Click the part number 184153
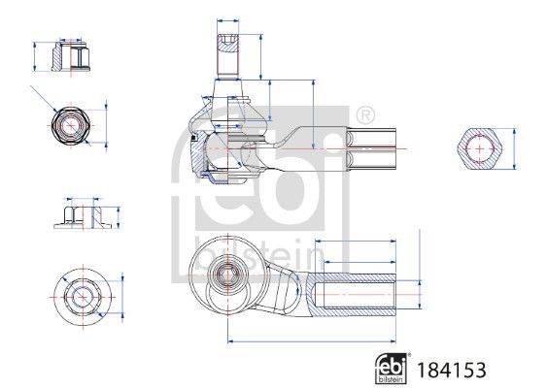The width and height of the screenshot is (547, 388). [x=452, y=370]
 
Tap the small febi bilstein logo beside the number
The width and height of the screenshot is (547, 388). [x=392, y=369]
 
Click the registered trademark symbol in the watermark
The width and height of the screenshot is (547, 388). [x=365, y=114]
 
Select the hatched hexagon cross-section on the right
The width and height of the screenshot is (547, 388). [x=480, y=148]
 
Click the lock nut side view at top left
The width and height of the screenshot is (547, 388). [x=71, y=56]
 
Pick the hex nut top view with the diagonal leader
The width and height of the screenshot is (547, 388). [x=71, y=125]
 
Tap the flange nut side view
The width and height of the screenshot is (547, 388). [x=83, y=217]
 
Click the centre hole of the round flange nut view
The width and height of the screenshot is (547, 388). [x=83, y=298]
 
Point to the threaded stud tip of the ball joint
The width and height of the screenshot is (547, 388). [x=227, y=55]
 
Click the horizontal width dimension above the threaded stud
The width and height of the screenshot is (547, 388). [x=227, y=21]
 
